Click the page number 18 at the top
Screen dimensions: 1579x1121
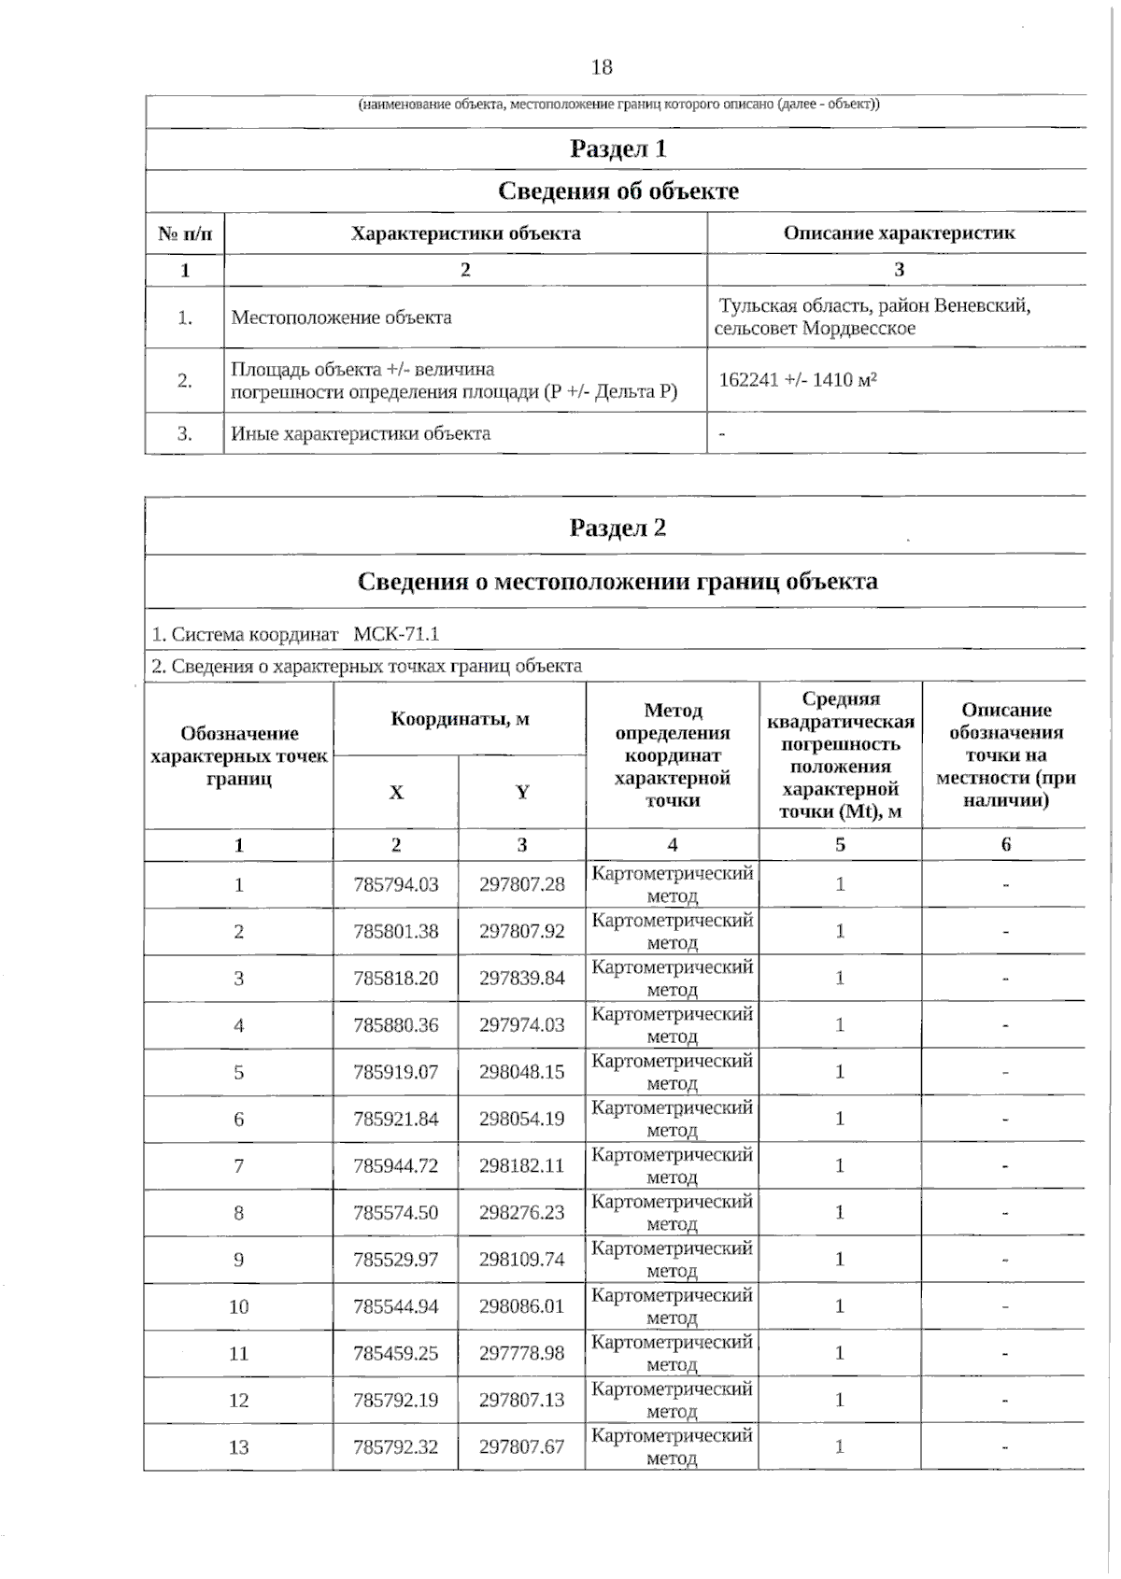(x=602, y=67)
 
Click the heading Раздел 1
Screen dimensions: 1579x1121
(x=617, y=148)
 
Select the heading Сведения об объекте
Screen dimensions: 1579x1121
(x=617, y=191)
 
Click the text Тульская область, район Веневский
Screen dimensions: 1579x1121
(x=874, y=306)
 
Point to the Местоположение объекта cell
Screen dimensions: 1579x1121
(x=341, y=317)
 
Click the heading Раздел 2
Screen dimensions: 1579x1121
(x=617, y=529)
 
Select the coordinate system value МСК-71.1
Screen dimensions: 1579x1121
(x=396, y=635)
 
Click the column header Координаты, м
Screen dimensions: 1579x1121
(x=459, y=719)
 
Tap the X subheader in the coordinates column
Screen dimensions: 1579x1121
(x=396, y=793)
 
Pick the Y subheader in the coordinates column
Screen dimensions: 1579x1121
(x=522, y=793)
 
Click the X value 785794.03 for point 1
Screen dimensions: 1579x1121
(x=396, y=884)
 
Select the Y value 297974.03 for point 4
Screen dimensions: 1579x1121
(x=522, y=1025)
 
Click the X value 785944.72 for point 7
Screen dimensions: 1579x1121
(x=396, y=1165)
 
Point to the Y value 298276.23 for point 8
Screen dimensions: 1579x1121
(x=522, y=1212)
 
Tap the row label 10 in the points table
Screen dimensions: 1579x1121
(x=239, y=1306)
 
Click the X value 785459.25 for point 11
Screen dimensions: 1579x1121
(x=396, y=1353)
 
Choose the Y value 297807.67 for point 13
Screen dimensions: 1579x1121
(x=522, y=1447)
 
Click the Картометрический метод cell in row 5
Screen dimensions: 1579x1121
(x=672, y=1072)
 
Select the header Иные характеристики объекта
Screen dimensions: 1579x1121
(x=361, y=434)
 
